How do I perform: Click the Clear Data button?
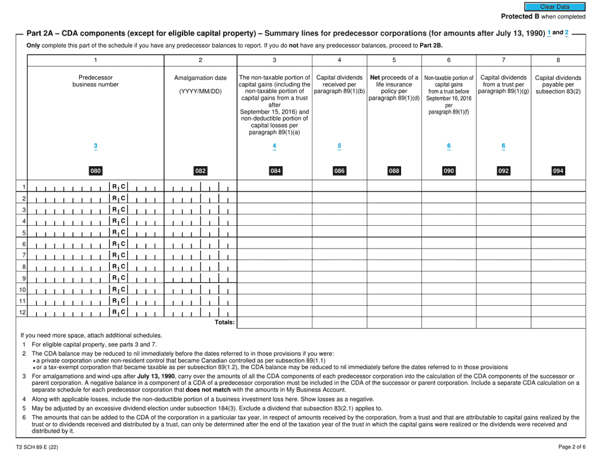pyautogui.click(x=558, y=6)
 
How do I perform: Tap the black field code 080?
pyautogui.click(x=96, y=170)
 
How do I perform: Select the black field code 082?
pyautogui.click(x=200, y=170)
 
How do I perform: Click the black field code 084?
pyautogui.click(x=274, y=170)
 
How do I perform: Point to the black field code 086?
pyautogui.click(x=340, y=170)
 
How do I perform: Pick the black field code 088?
pyautogui.click(x=394, y=170)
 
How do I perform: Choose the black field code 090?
pyautogui.click(x=449, y=170)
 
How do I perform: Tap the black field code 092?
pyautogui.click(x=503, y=170)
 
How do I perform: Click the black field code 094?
pyautogui.click(x=558, y=170)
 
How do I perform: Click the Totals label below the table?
pyautogui.click(x=224, y=323)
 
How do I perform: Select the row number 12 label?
pyautogui.click(x=23, y=312)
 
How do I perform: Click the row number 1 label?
pyautogui.click(x=23, y=187)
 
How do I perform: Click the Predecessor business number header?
pyautogui.click(x=96, y=81)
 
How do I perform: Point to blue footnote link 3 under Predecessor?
pyautogui.click(x=96, y=146)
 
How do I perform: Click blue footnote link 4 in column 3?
pyautogui.click(x=274, y=146)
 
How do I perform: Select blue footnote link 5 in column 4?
pyautogui.click(x=340, y=146)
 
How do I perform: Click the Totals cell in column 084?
pyautogui.click(x=274, y=324)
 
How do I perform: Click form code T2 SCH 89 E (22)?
pyautogui.click(x=41, y=449)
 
